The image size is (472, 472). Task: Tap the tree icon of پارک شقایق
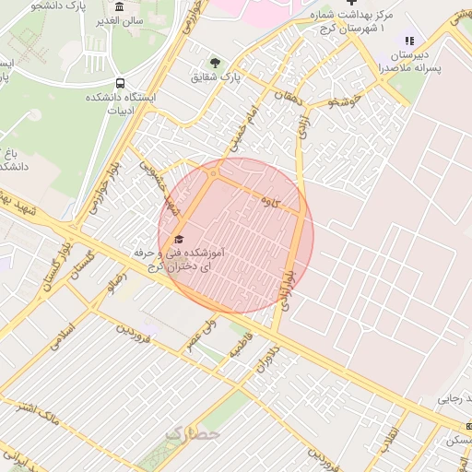215,64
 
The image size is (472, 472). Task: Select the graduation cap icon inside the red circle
178,237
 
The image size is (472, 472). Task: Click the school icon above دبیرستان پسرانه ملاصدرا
409,41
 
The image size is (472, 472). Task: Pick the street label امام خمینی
239,126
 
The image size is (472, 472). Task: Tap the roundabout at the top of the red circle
215,172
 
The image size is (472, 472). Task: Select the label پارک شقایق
216,80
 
